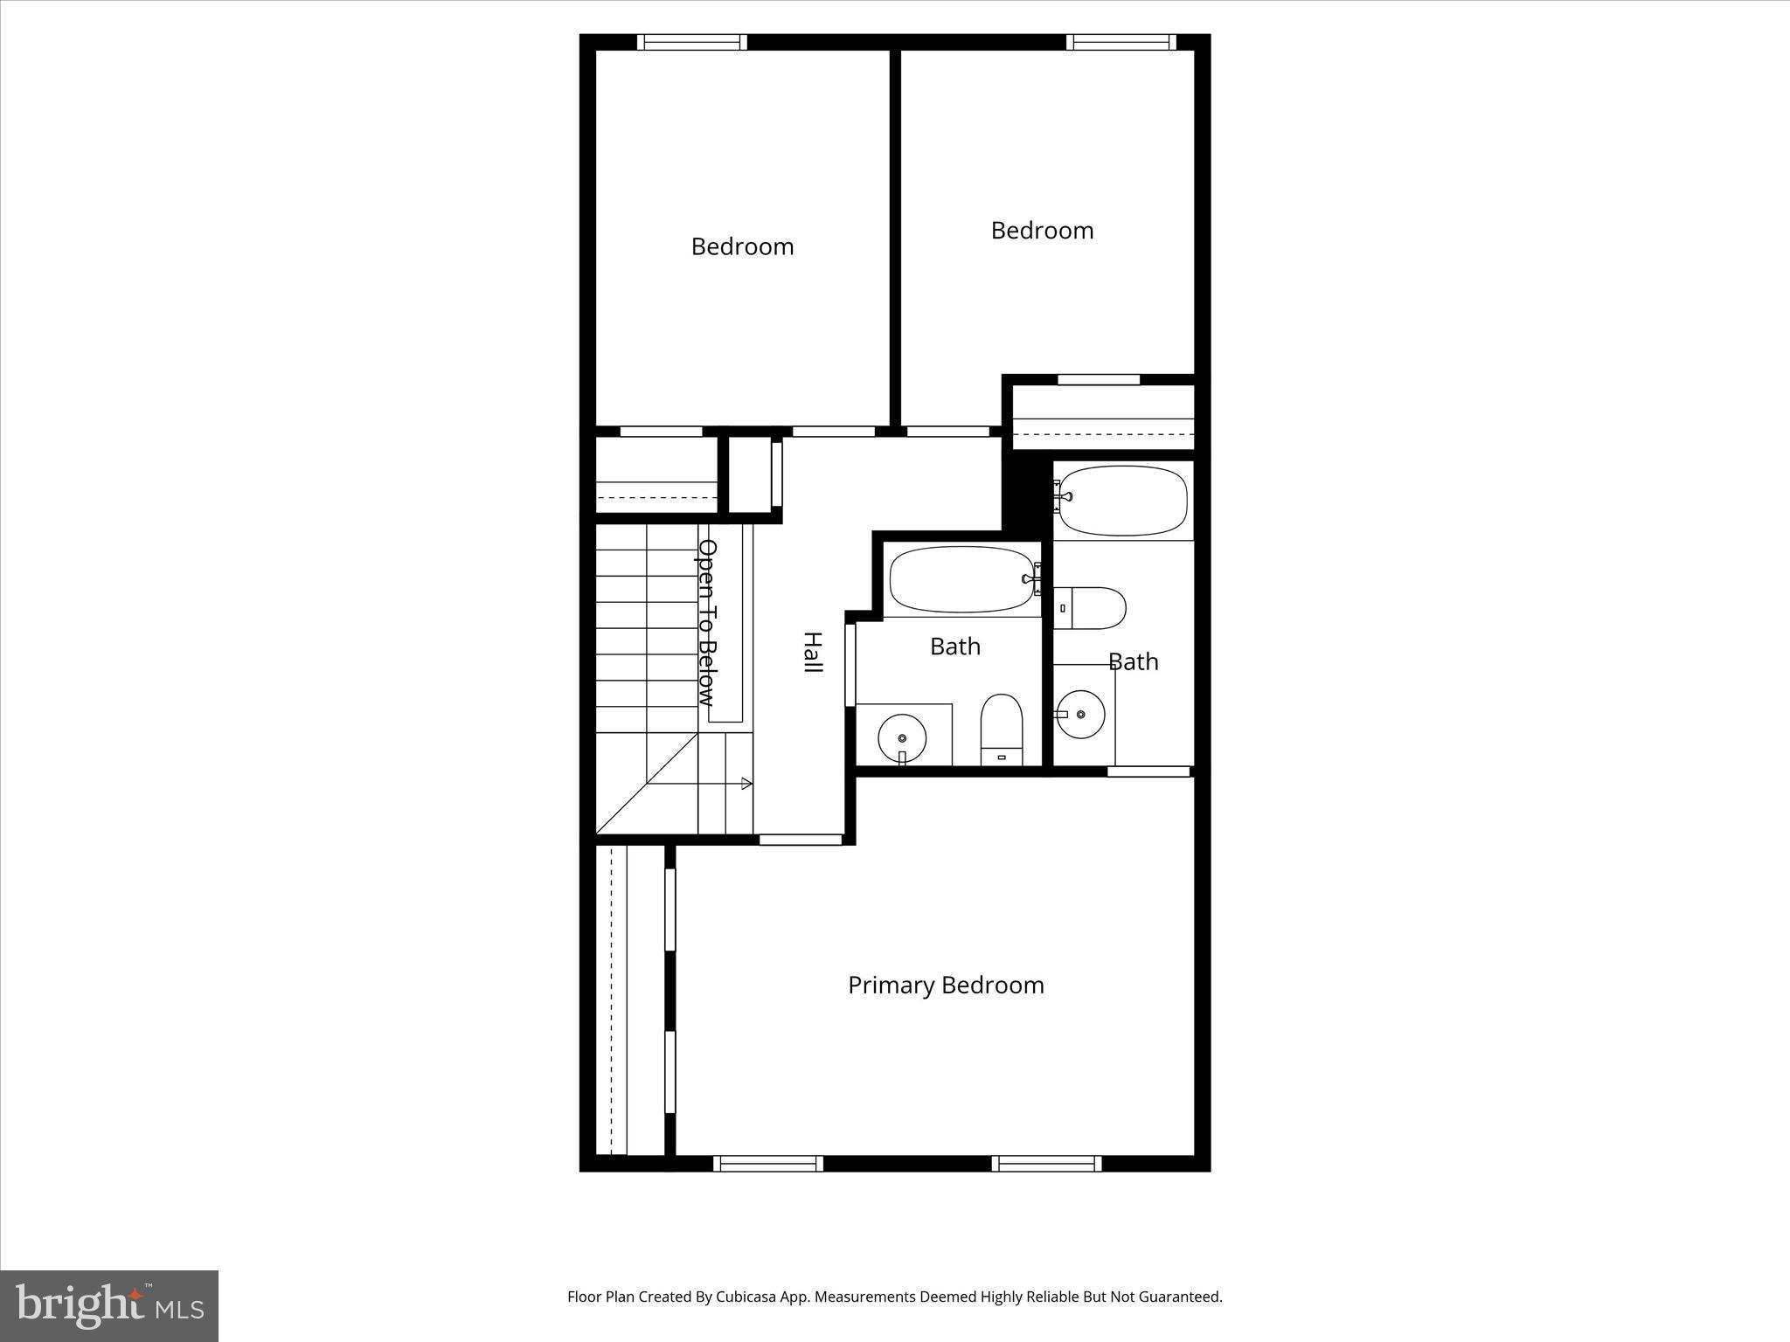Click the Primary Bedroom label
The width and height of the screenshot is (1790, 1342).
click(x=946, y=986)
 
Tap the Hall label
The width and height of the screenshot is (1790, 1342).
click(x=813, y=652)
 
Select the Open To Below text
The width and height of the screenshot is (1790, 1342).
click(x=707, y=622)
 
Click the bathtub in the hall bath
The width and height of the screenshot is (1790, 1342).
click(x=961, y=579)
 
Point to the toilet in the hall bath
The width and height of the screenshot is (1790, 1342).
click(x=1002, y=729)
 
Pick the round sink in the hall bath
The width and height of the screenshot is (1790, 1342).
click(x=902, y=737)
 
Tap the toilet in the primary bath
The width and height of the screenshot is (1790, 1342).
click(x=1093, y=608)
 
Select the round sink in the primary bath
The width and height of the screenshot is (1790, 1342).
click(x=1081, y=714)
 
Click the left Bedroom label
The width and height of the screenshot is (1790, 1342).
click(x=742, y=247)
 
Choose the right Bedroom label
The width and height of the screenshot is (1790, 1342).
click(x=1042, y=231)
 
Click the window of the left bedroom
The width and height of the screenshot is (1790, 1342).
click(x=691, y=42)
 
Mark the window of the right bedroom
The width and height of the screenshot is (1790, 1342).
click(x=1121, y=42)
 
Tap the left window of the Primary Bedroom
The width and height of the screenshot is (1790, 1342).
click(x=768, y=1163)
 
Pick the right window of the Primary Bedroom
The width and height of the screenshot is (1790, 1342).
click(x=1046, y=1163)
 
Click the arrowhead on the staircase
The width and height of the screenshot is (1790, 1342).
click(x=746, y=784)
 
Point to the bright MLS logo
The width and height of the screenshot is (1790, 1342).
click(x=109, y=1305)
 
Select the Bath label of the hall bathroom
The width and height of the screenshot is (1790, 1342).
click(x=954, y=647)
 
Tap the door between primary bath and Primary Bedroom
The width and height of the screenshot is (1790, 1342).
click(x=1148, y=771)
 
